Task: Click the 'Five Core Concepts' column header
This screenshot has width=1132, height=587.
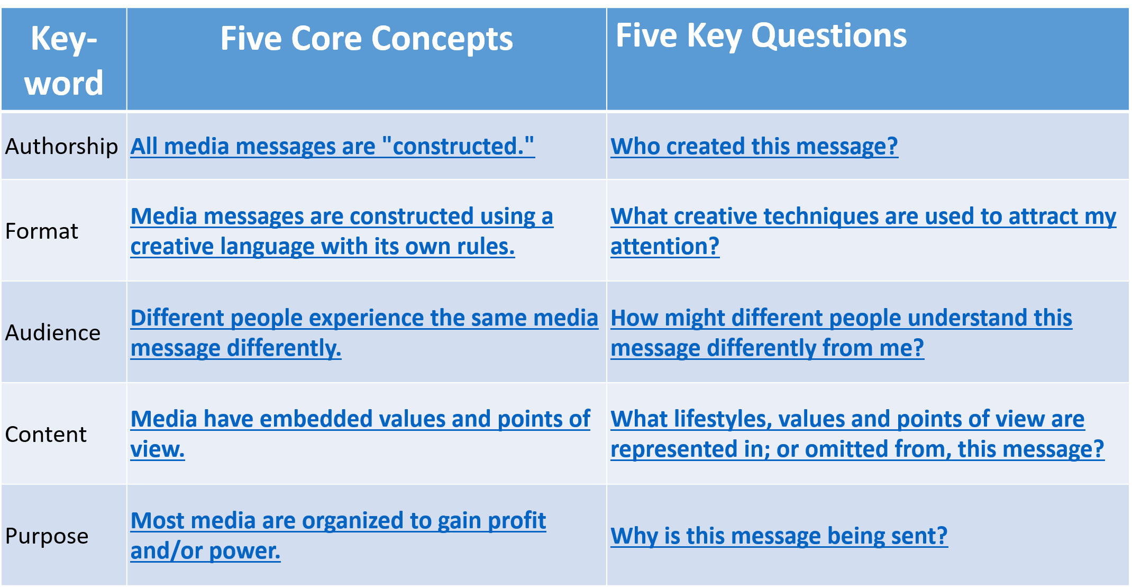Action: point(367,39)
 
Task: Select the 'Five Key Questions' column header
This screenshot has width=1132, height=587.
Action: point(761,36)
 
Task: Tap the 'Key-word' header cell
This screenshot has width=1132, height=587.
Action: point(63,60)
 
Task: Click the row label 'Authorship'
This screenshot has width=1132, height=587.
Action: point(61,146)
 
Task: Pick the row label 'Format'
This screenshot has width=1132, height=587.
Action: point(41,231)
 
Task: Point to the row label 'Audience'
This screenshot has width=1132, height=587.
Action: point(52,333)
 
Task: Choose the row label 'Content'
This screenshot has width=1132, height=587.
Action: point(45,435)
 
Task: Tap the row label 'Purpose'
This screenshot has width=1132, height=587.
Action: point(47,536)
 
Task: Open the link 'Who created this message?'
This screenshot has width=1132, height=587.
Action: point(754,146)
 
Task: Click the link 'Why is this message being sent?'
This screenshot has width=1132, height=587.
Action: point(779,536)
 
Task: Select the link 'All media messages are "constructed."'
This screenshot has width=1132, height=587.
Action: point(333,146)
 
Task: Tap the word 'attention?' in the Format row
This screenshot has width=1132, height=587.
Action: point(665,247)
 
